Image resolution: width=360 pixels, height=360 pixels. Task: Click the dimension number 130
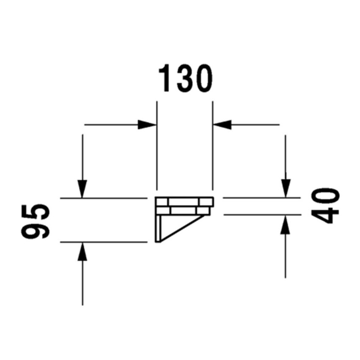pyautogui.click(x=186, y=78)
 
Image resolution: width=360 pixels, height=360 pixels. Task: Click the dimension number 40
pyautogui.click(x=325, y=206)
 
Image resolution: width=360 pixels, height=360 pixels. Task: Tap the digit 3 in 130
pyautogui.click(x=186, y=78)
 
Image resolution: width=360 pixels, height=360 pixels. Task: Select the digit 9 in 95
pyautogui.click(x=35, y=230)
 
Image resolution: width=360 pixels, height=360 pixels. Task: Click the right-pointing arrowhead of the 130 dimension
pyautogui.click(x=147, y=125)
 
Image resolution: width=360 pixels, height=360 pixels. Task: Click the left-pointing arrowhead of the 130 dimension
pyautogui.click(x=222, y=125)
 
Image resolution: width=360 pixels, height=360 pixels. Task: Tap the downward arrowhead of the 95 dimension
pyautogui.click(x=83, y=189)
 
